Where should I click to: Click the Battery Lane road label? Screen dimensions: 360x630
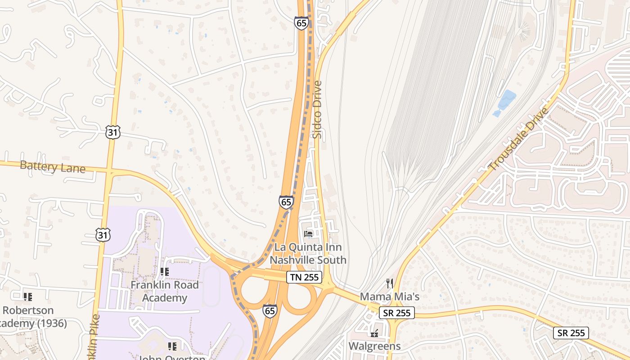[53, 167]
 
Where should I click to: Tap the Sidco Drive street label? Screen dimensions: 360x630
[318, 109]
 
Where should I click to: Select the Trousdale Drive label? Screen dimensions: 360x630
[519, 139]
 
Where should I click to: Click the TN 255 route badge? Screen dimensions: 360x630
[304, 277]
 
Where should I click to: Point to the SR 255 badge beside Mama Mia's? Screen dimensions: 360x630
[396, 313]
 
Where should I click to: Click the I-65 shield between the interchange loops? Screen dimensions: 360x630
[270, 310]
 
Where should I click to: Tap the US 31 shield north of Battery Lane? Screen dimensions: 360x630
[113, 132]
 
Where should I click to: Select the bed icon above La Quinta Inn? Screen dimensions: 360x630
[309, 234]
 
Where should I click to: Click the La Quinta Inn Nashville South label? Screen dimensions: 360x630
[308, 254]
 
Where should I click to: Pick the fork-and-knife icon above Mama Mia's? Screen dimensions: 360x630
[390, 283]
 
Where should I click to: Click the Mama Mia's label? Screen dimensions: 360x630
[390, 297]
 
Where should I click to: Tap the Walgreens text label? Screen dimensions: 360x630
[375, 346]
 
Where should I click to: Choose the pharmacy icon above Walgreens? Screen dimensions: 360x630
[374, 333]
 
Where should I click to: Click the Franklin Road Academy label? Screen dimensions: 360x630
[165, 291]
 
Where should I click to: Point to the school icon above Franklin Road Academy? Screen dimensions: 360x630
[165, 272]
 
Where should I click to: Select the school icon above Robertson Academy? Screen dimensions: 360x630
[28, 297]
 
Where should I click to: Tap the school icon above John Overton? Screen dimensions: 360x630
[172, 346]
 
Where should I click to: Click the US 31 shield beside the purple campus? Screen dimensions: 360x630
[103, 234]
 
